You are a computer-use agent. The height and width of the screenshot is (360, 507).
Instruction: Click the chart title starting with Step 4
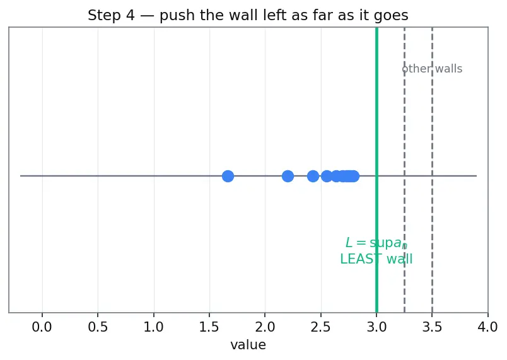[x=248, y=15]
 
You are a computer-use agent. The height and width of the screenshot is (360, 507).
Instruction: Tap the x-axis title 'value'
[x=248, y=345]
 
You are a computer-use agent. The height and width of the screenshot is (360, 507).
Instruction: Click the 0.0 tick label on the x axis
[x=42, y=327]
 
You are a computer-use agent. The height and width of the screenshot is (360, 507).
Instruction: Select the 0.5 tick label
[x=98, y=327]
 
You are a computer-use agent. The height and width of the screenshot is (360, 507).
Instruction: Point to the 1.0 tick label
[x=154, y=327]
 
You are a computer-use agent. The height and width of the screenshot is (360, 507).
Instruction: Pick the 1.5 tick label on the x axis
[x=209, y=327]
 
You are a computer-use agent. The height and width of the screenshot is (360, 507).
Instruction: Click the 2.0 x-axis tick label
[x=265, y=327]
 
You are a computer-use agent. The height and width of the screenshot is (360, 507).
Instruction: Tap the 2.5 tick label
[x=321, y=327]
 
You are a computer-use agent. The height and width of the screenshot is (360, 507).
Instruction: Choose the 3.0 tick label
[x=376, y=327]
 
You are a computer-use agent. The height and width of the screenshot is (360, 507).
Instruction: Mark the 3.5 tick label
[x=433, y=327]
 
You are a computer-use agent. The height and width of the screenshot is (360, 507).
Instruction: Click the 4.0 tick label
[x=488, y=327]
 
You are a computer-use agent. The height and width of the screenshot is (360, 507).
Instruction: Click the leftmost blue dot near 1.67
[x=228, y=176]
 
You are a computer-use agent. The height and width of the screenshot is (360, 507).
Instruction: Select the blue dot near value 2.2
[x=288, y=176]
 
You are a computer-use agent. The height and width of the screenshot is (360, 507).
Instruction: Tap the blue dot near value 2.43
[x=313, y=176]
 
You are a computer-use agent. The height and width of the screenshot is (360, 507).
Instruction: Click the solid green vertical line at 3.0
[x=376, y=170]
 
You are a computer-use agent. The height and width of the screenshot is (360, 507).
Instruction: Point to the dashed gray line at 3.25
[x=404, y=170]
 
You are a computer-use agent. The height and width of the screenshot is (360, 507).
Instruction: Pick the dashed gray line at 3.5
[x=433, y=170]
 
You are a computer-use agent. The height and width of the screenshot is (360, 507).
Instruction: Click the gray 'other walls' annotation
[x=432, y=69]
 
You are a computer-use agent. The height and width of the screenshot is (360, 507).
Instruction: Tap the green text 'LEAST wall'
[x=376, y=259]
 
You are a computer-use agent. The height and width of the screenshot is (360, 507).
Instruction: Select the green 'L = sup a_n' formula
[x=376, y=243]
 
